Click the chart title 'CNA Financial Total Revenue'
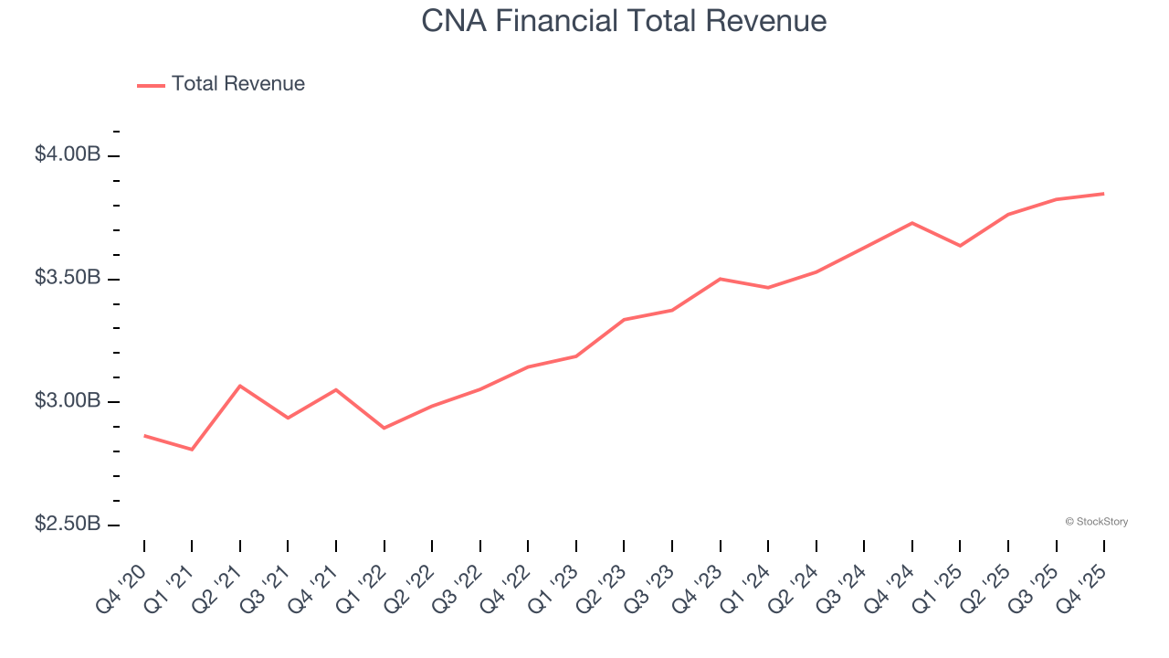(x=624, y=21)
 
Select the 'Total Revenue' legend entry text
(x=237, y=84)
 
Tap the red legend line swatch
(x=151, y=85)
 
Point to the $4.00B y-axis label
(x=68, y=154)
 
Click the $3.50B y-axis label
(x=68, y=278)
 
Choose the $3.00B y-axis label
(x=68, y=401)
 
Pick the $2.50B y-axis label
(x=68, y=525)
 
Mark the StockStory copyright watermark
(x=1096, y=522)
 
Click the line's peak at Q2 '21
(x=240, y=386)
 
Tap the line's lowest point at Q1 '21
(x=192, y=450)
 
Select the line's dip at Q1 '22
(x=384, y=428)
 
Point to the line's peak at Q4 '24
(x=912, y=223)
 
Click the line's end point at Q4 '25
(x=1104, y=194)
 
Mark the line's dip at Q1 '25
(x=960, y=246)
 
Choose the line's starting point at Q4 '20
(x=144, y=436)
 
